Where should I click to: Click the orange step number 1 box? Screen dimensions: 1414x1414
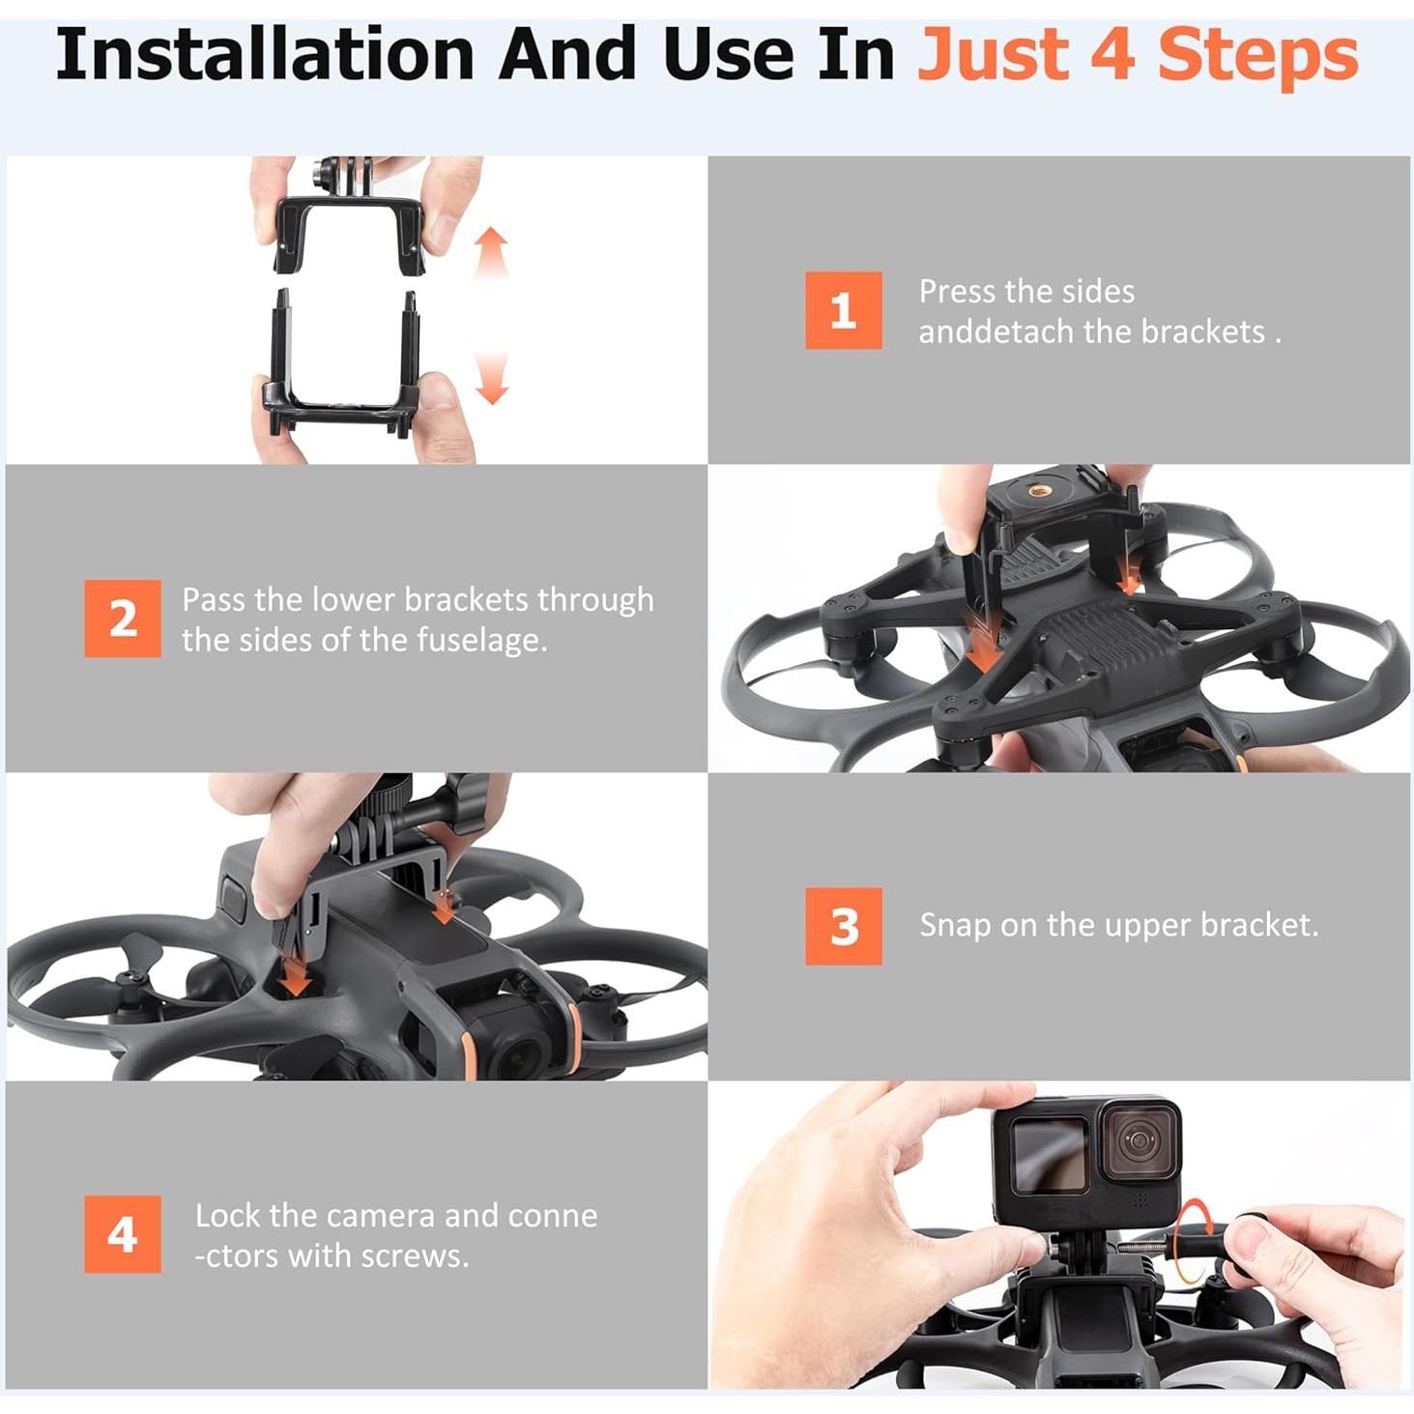tap(843, 310)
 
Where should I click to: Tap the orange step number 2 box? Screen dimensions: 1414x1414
tap(123, 619)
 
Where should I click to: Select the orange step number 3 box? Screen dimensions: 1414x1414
tap(843, 926)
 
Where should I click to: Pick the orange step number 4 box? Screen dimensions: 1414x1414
tap(123, 1234)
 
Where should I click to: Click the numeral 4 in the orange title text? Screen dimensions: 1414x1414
tap(1111, 55)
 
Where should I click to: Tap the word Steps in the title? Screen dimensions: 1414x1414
tap(1257, 55)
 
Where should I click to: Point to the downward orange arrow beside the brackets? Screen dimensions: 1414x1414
tap(492, 379)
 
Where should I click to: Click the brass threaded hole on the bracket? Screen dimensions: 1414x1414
tap(1040, 491)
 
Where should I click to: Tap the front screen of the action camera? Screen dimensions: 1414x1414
tap(1050, 1155)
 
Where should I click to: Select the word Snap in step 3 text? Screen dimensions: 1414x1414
tap(953, 925)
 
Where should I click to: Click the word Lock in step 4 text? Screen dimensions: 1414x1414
tap(228, 1215)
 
